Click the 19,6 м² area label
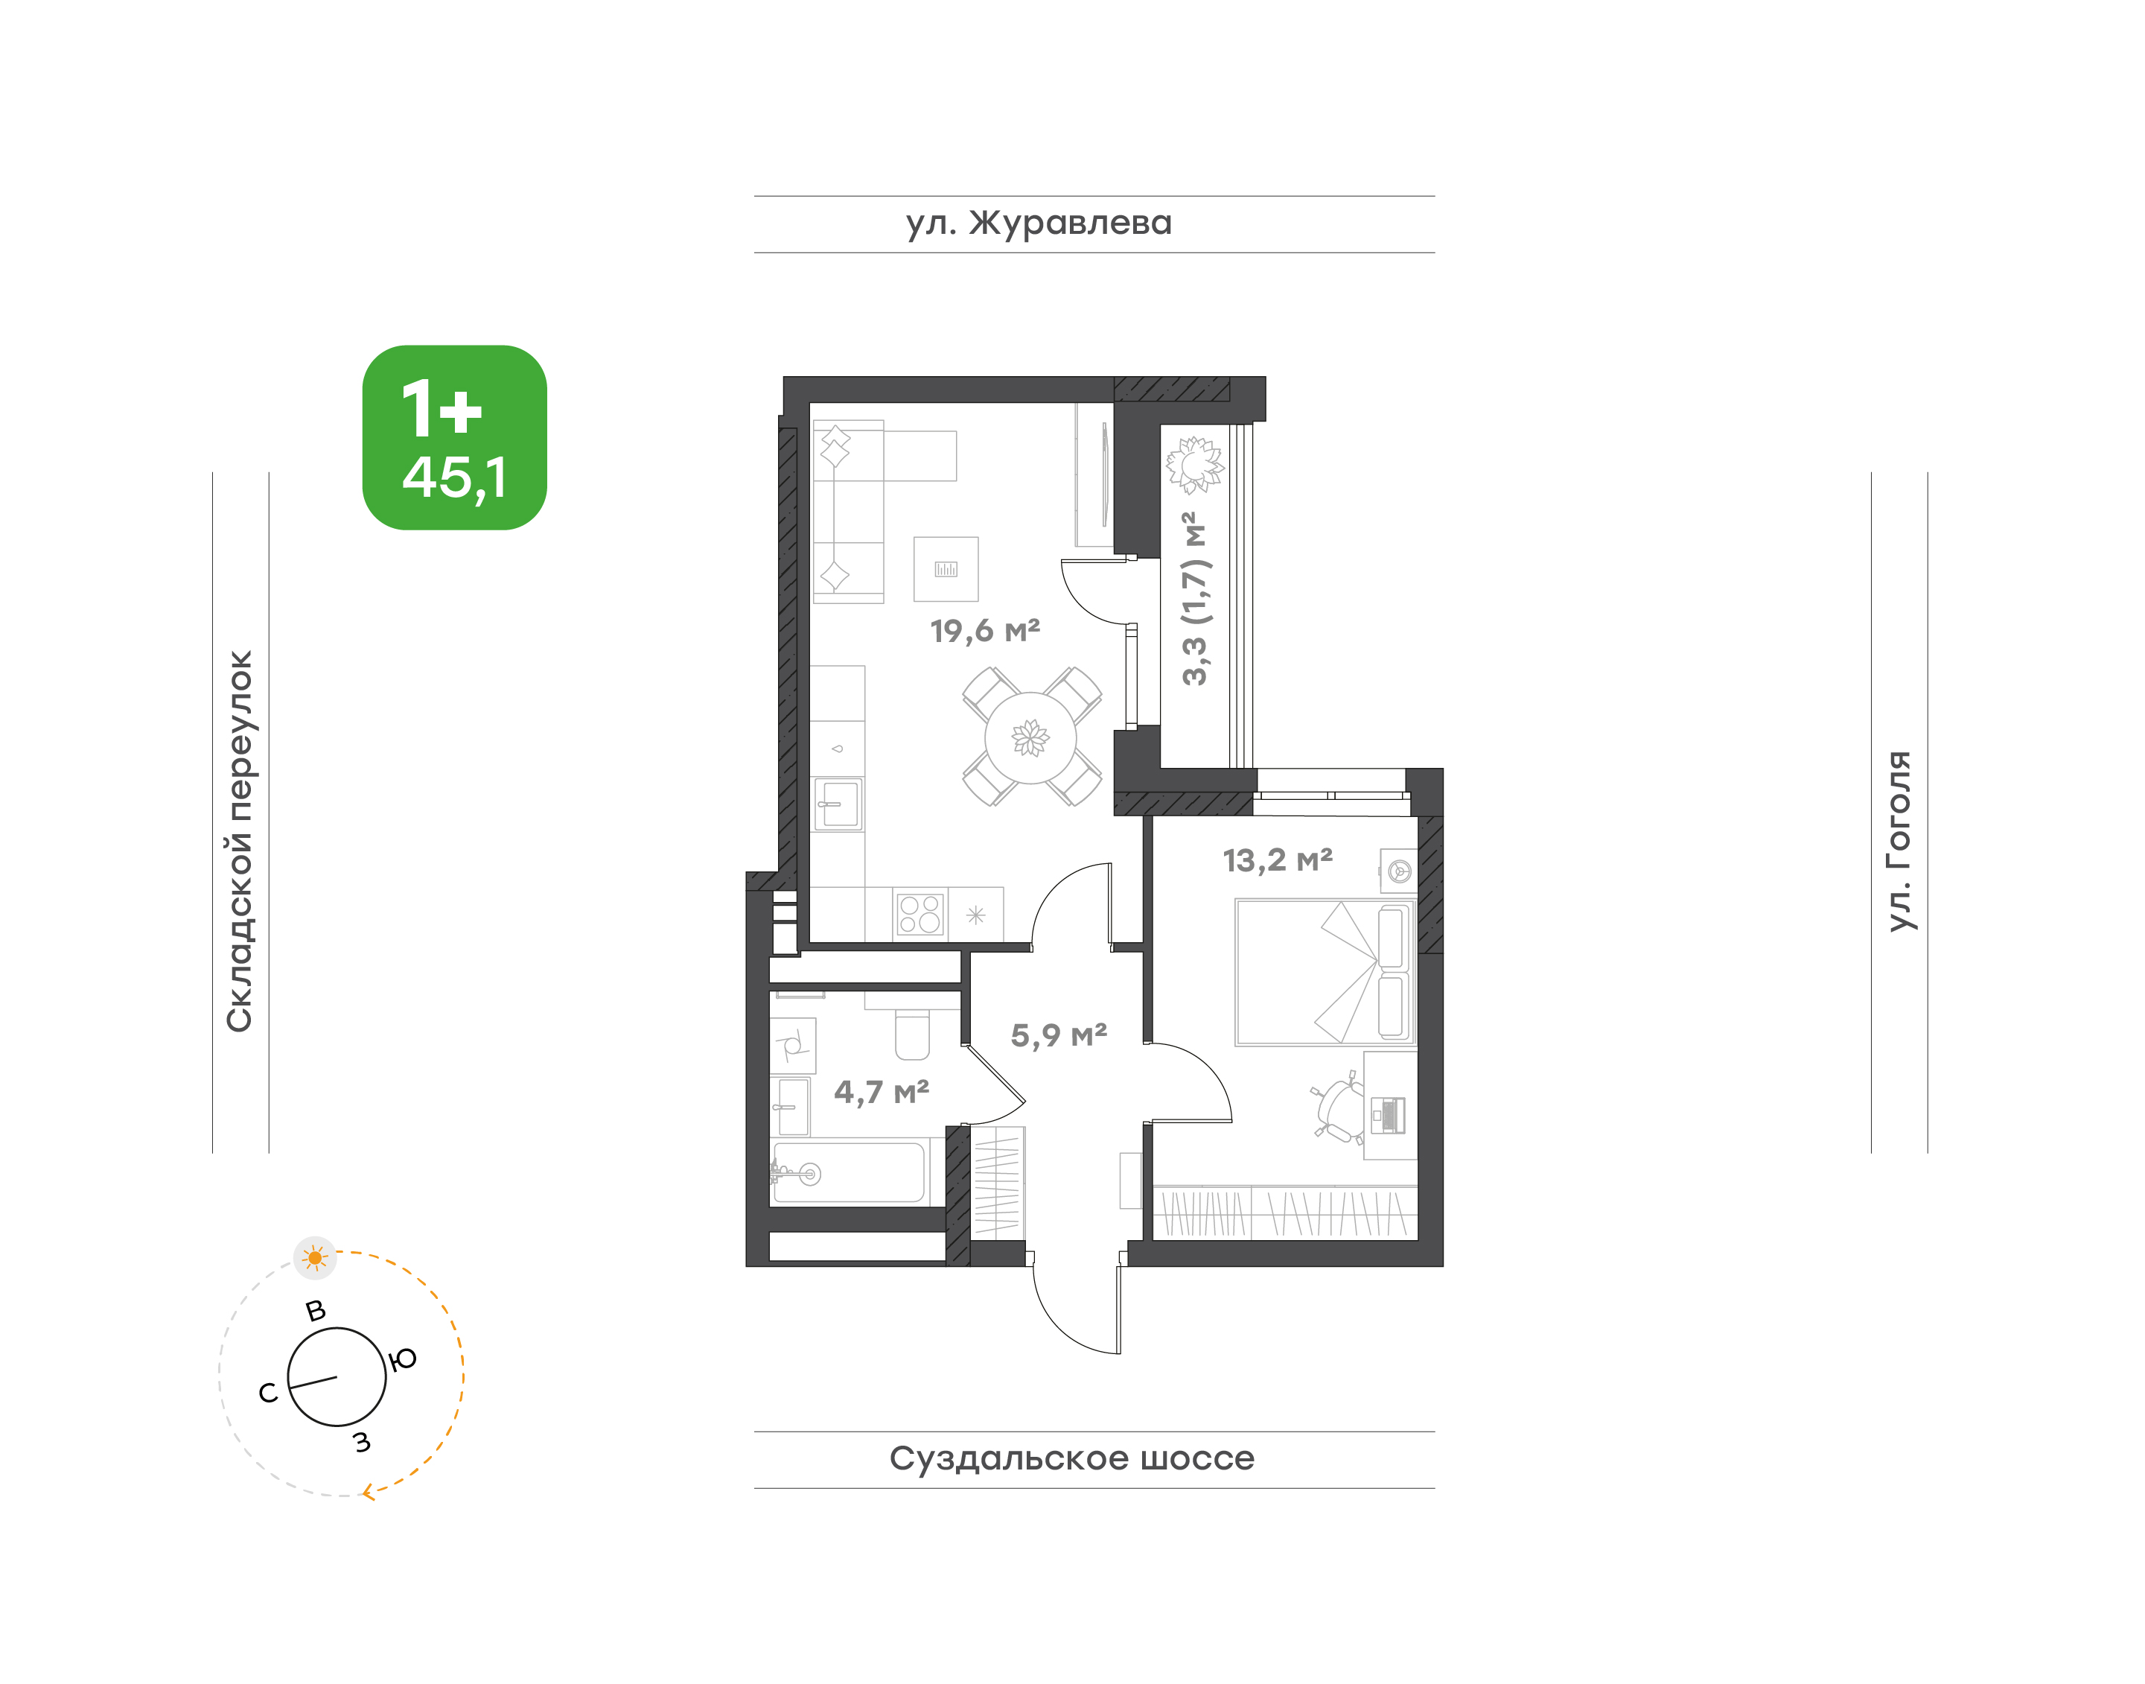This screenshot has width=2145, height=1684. [x=985, y=630]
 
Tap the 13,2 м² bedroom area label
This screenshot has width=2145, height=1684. [x=1278, y=860]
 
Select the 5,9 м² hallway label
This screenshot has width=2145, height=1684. [x=1059, y=1035]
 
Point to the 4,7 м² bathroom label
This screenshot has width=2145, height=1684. [x=882, y=1091]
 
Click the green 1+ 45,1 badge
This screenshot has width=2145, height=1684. [x=454, y=438]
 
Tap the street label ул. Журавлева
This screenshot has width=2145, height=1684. [x=1039, y=223]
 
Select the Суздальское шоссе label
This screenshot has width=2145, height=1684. [x=1071, y=1458]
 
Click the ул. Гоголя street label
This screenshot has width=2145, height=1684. [x=1899, y=840]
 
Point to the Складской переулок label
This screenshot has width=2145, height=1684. [x=240, y=841]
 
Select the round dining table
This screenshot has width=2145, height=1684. [x=1030, y=737]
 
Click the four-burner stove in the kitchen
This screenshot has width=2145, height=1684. [x=919, y=914]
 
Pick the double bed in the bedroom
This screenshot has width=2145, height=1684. [x=1325, y=971]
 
